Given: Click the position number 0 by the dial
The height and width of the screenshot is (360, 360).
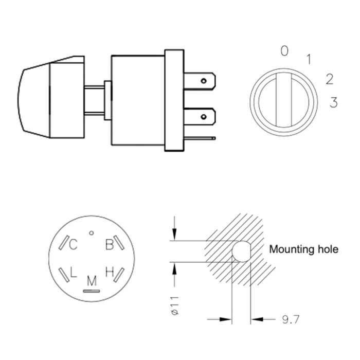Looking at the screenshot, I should (x=284, y=51).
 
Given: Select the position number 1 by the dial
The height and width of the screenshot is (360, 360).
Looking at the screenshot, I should (x=309, y=60).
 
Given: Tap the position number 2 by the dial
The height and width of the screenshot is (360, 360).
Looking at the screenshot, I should (x=329, y=79).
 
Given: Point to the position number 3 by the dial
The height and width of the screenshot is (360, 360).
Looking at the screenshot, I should (x=333, y=103).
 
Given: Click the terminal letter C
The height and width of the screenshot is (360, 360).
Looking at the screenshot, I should (x=74, y=245).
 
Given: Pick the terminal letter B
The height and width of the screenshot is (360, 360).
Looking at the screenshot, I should (x=109, y=245).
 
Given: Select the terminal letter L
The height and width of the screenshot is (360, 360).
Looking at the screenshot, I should (x=74, y=272).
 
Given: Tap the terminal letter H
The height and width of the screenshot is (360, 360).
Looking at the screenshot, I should (x=109, y=272).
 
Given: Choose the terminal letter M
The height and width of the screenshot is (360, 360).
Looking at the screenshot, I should (x=92, y=281).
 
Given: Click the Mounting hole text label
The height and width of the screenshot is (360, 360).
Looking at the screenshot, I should (x=304, y=250).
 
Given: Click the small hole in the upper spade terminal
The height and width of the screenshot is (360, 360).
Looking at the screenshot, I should (x=204, y=81).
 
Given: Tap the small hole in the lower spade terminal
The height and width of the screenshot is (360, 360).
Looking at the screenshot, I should (x=204, y=116).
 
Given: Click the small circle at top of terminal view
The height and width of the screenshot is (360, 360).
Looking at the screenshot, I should (x=91, y=233).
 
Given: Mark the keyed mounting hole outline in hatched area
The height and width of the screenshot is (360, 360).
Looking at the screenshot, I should (x=241, y=251).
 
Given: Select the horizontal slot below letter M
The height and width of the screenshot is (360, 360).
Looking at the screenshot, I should (x=92, y=290).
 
